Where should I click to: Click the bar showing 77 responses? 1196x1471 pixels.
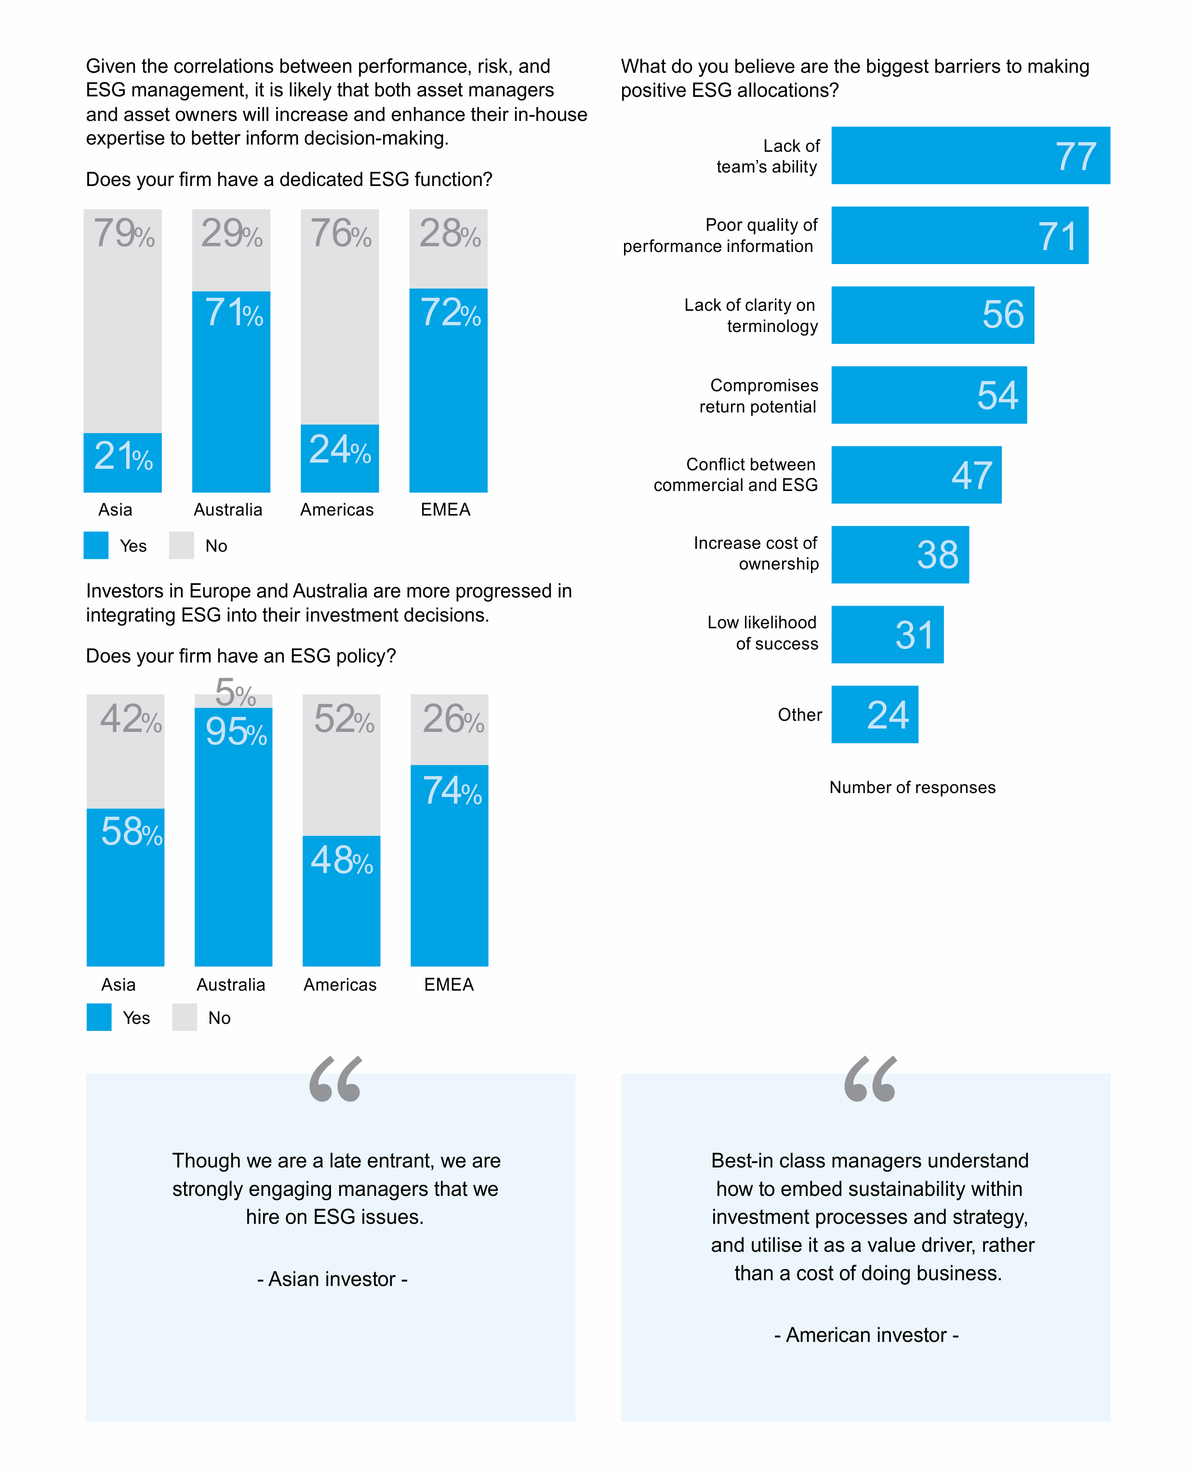pos(970,155)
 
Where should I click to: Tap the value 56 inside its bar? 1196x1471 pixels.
pos(1003,314)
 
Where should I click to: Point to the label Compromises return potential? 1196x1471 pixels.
pos(758,396)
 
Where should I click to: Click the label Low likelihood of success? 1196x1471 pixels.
pos(763,633)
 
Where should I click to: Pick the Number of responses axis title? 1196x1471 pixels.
pos(912,787)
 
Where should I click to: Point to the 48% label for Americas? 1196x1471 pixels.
pos(342,860)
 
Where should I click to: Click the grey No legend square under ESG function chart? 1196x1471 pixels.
pos(181,545)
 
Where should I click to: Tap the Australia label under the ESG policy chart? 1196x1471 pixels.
pos(231,984)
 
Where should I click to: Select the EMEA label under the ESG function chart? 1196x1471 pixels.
pos(446,509)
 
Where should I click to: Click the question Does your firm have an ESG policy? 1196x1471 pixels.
pos(240,655)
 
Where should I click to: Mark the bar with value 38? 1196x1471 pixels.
pos(900,555)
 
